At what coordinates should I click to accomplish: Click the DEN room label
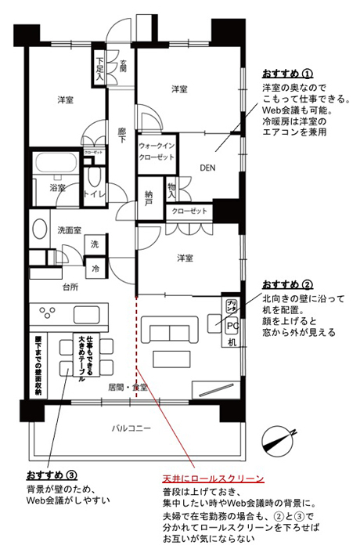click(x=207, y=168)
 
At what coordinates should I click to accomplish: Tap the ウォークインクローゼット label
click(x=157, y=152)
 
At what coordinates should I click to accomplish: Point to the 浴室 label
click(x=58, y=189)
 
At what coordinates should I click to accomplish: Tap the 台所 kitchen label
click(x=71, y=287)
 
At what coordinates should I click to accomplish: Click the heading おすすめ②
click(x=287, y=284)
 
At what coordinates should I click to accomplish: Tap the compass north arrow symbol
click(x=278, y=439)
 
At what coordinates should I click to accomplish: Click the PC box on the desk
click(x=232, y=325)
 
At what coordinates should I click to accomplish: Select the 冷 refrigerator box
click(x=95, y=269)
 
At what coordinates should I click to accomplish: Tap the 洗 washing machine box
click(x=95, y=245)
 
